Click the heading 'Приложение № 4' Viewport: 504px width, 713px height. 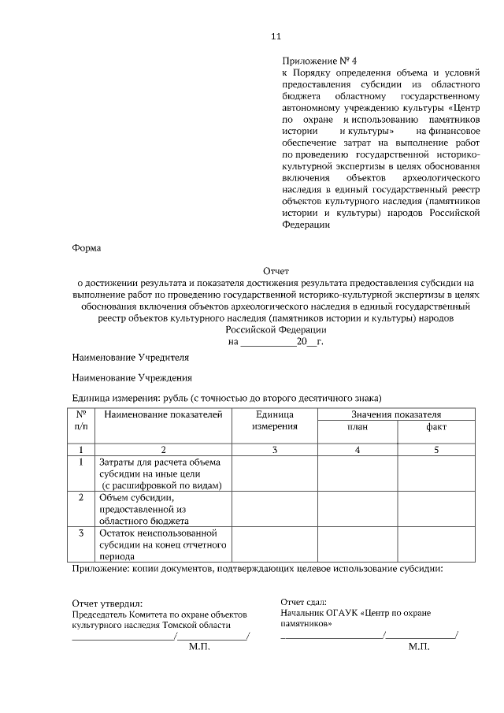pos(319,61)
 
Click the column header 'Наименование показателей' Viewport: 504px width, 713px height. pos(163,414)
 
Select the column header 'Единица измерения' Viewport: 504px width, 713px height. pos(275,420)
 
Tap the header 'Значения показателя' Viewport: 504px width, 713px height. pos(396,414)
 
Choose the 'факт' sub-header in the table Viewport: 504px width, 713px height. pos(435,427)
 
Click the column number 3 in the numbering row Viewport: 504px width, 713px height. pos(275,449)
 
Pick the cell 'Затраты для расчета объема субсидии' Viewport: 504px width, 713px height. pos(162,473)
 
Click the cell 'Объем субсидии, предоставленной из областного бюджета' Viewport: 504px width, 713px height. pos(162,510)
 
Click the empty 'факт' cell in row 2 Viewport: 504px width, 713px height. pos(435,510)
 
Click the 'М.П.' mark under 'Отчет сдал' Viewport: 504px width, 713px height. pos(419,647)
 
